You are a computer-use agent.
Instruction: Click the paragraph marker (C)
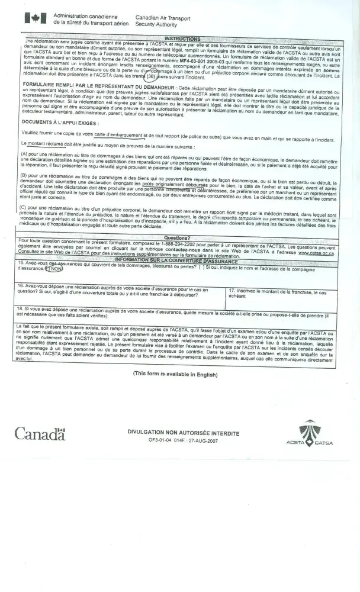tap(25, 207)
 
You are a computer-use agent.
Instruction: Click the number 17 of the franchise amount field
tap(232, 290)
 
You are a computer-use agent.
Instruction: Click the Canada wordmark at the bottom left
tap(40, 434)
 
